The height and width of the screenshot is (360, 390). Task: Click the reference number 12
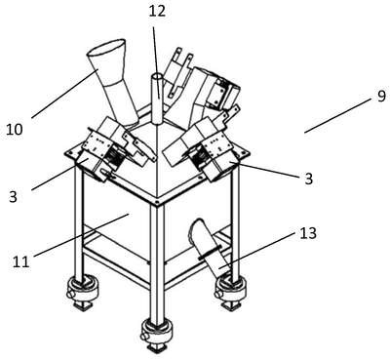[157, 11]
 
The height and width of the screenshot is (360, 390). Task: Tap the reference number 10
[15, 130]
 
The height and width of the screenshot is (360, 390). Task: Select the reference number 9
[381, 97]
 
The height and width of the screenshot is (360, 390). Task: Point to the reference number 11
[20, 261]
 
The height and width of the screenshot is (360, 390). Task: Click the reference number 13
[307, 233]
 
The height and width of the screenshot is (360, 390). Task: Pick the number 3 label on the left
[13, 197]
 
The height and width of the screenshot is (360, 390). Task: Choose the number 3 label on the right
[308, 179]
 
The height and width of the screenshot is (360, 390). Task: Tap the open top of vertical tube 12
[158, 77]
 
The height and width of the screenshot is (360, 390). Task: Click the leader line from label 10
[64, 94]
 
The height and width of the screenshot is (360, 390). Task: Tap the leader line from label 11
[81, 235]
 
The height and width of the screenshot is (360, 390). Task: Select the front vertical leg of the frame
[157, 261]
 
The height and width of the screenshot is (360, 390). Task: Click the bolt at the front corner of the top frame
[157, 202]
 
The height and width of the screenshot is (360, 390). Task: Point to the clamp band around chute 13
[213, 252]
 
